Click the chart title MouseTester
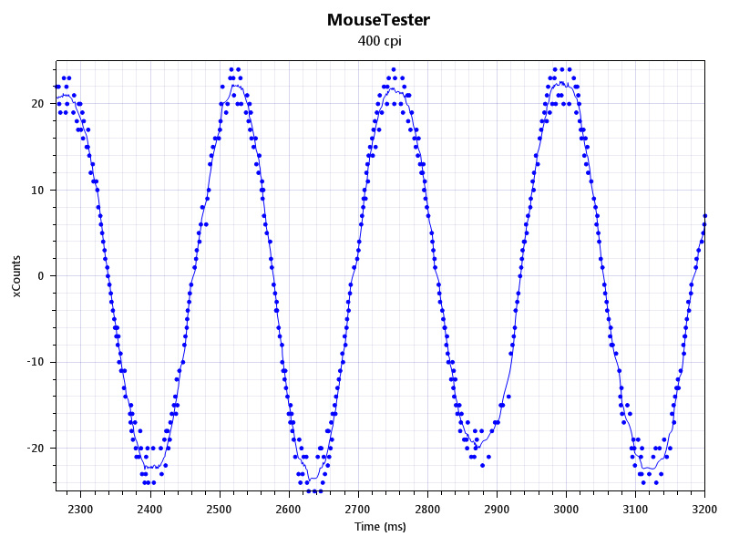(x=378, y=19)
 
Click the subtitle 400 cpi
(x=378, y=41)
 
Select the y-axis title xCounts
(x=16, y=276)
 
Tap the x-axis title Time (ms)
(x=380, y=526)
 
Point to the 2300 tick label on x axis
(x=80, y=509)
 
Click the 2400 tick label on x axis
(x=149, y=509)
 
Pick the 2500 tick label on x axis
(x=219, y=509)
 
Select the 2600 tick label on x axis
(x=288, y=509)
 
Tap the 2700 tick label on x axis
(x=358, y=509)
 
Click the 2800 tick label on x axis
(x=427, y=509)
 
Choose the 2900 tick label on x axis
(x=497, y=509)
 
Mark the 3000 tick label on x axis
(x=566, y=509)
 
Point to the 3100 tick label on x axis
(x=635, y=509)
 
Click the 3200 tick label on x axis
(x=704, y=509)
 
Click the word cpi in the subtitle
(x=392, y=41)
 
